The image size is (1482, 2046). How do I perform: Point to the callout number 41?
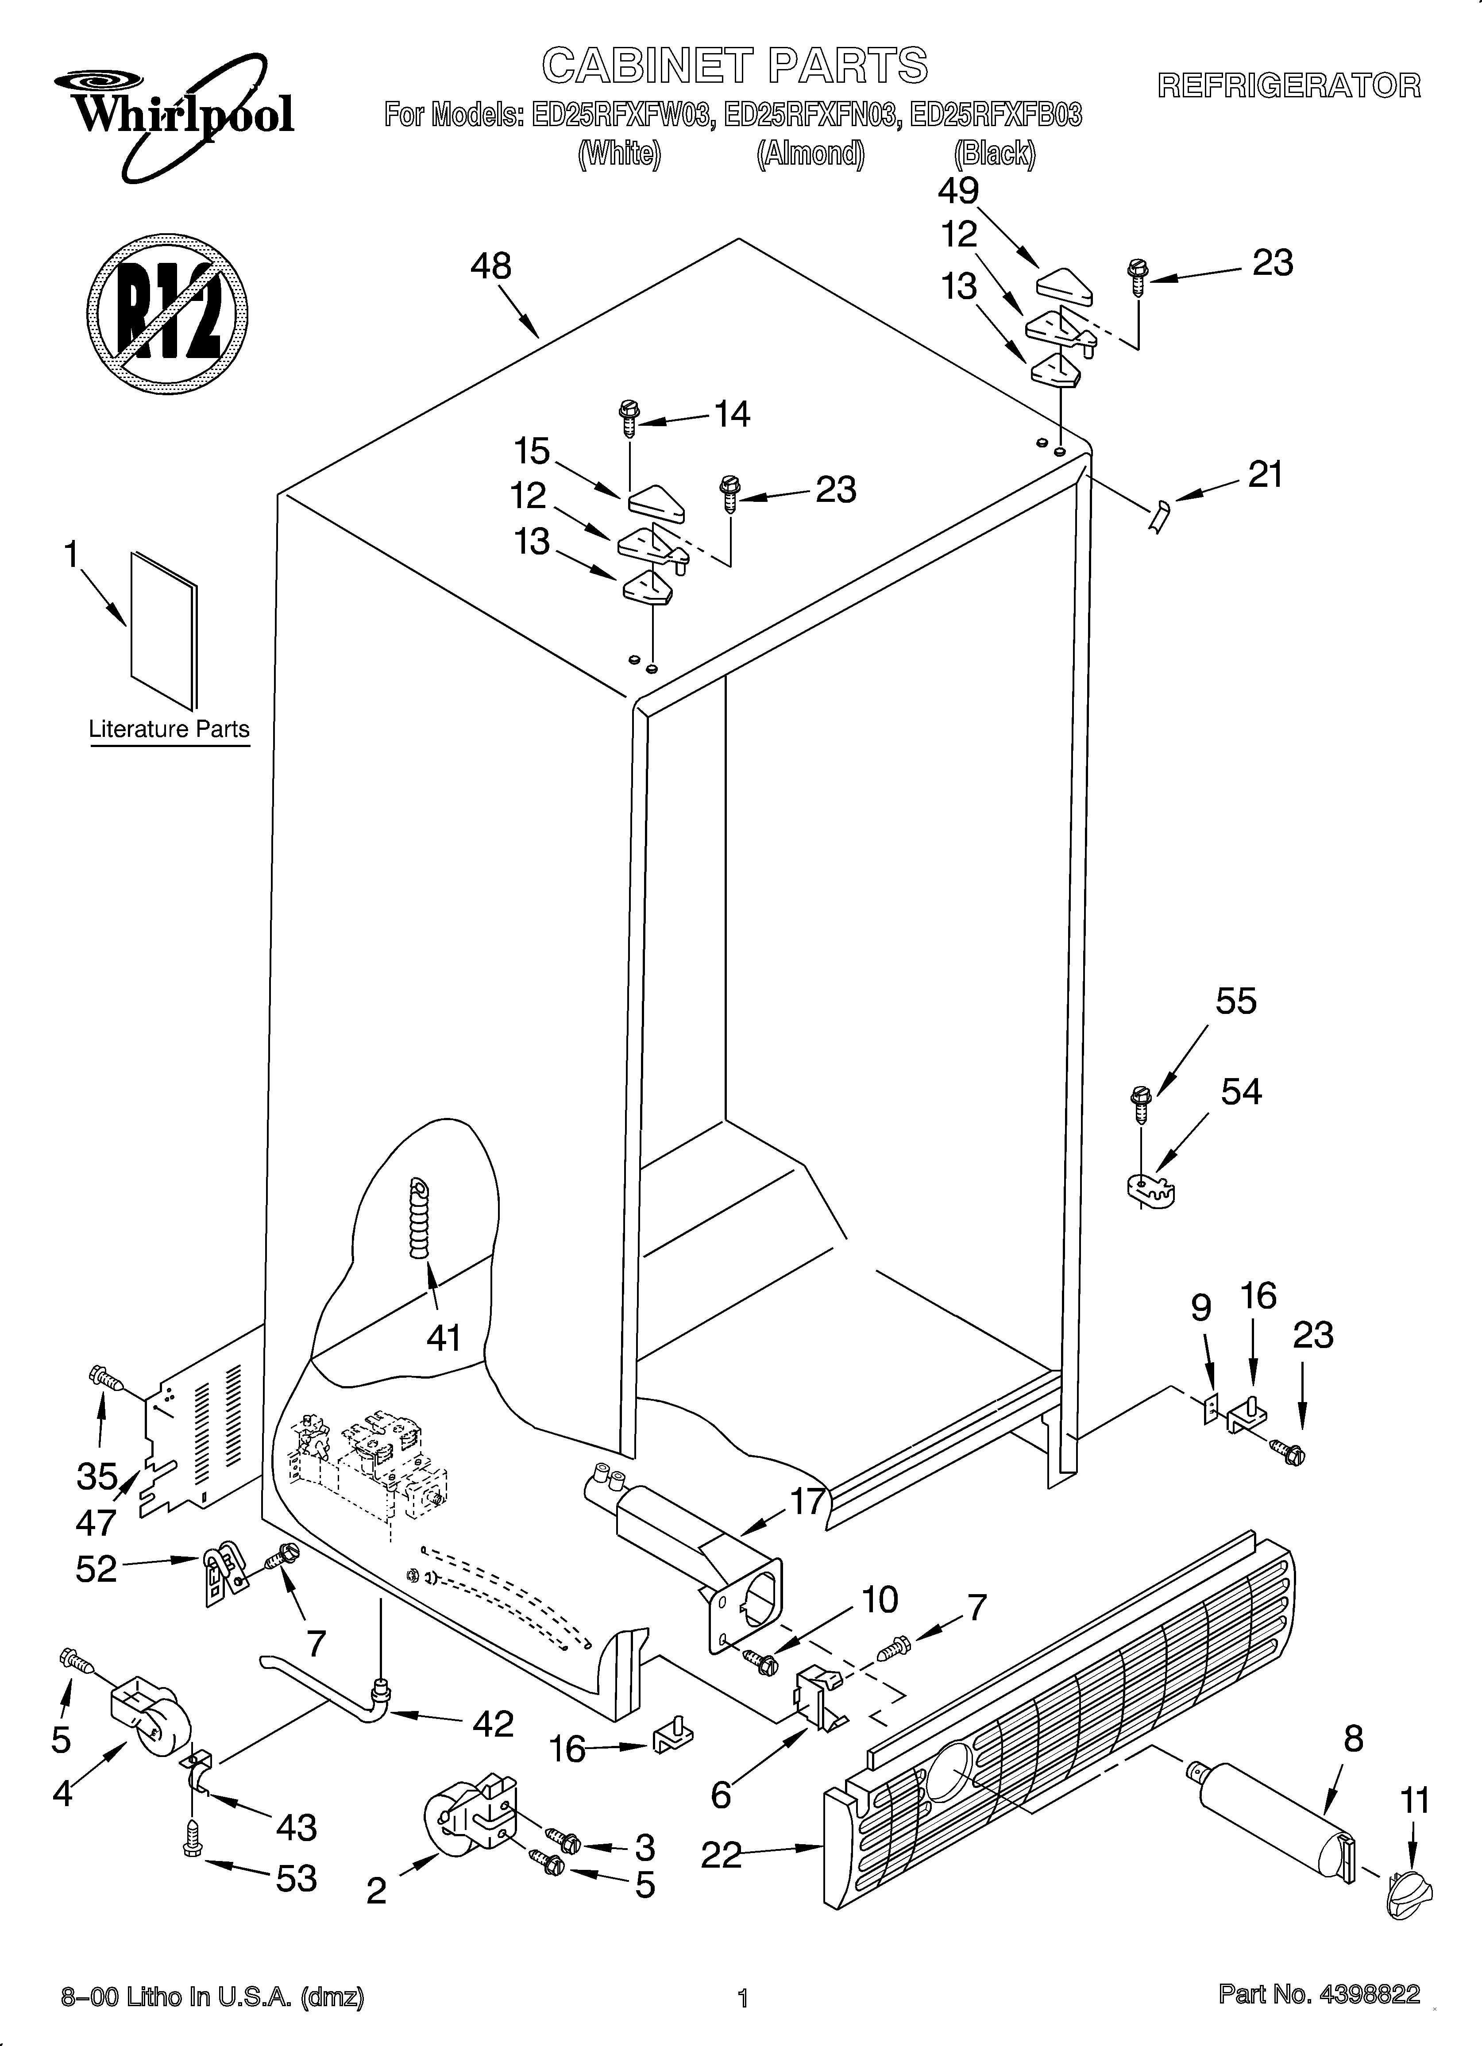443,1338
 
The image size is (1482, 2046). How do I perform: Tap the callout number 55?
1235,1002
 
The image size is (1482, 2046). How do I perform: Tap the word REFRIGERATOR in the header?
1289,86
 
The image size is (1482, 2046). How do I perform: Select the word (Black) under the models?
995,154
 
